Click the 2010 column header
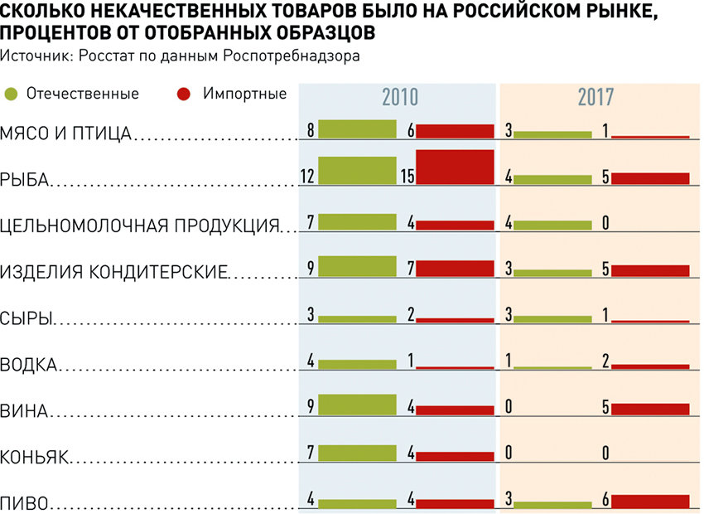[399, 97]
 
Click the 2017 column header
[596, 97]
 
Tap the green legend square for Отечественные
[12, 94]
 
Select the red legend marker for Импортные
[185, 94]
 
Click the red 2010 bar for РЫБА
[455, 166]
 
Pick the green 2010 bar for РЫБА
[357, 170]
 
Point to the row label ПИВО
[24, 502]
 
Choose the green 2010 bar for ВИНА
[357, 404]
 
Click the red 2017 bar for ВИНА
[649, 408]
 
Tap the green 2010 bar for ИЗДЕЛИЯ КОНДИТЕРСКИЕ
[357, 265]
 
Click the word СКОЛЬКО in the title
[40, 12]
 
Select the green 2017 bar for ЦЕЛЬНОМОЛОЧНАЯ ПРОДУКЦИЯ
[552, 224]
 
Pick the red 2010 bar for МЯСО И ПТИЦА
[455, 130]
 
